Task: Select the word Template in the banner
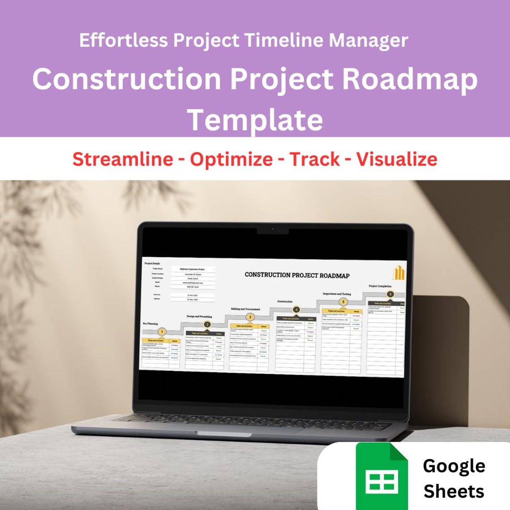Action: point(255,119)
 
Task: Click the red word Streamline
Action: point(123,159)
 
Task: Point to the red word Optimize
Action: point(231,159)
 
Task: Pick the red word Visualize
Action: point(396,159)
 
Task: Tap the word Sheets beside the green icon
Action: point(454,491)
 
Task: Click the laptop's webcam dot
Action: point(273,229)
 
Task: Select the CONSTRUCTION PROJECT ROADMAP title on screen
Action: point(297,275)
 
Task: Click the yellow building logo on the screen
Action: point(399,272)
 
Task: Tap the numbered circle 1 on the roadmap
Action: point(162,331)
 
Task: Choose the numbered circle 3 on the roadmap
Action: point(250,317)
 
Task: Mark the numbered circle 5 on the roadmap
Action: point(343,302)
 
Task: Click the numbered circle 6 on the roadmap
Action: point(391,294)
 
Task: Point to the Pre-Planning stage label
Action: point(150,323)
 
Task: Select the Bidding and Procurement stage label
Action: point(245,309)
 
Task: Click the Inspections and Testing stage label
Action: point(336,294)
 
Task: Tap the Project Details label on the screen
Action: point(152,263)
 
